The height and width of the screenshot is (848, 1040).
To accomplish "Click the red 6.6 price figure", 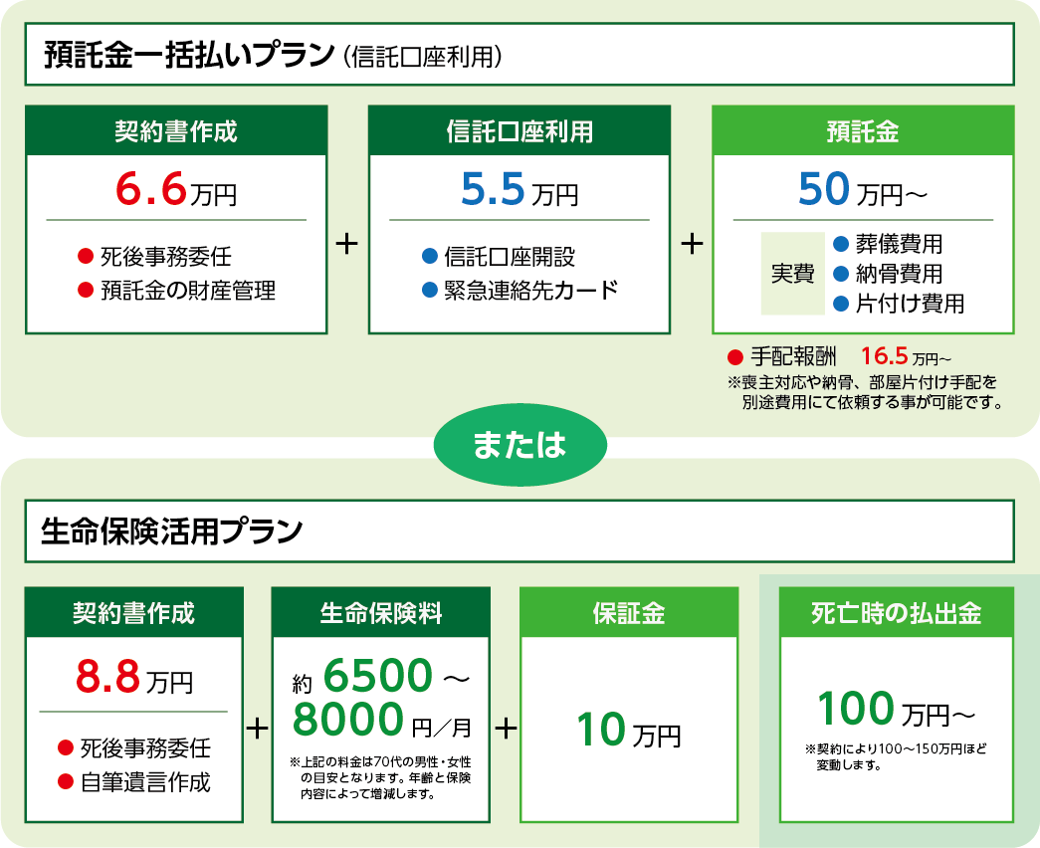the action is click(150, 189).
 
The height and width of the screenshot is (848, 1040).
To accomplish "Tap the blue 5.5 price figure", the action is click(493, 189).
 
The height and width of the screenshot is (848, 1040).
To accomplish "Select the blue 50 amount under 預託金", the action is click(824, 189).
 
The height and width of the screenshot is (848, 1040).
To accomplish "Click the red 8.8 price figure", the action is click(107, 677).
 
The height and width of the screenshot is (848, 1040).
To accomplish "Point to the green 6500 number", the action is click(378, 676).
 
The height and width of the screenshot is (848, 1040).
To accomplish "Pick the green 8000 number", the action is click(348, 720).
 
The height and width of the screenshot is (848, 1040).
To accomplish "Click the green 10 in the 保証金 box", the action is click(600, 730).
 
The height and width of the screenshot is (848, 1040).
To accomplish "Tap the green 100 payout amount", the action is click(856, 709).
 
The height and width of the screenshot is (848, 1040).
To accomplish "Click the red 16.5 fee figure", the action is click(884, 356).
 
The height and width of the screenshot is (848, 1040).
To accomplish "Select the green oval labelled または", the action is click(520, 445).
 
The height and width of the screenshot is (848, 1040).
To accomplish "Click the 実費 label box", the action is click(792, 274).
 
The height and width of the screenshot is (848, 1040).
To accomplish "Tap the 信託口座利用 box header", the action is click(520, 130).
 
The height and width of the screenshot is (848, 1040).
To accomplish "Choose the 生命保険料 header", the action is click(381, 612).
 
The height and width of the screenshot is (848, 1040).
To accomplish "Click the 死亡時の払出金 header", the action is click(896, 612).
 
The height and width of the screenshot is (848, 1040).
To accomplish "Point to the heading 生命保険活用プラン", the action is click(172, 531).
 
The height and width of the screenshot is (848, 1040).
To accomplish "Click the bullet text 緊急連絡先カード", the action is click(531, 290).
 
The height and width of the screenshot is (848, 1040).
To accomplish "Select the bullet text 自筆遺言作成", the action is click(145, 782).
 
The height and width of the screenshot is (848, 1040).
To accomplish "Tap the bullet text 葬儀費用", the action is click(900, 244).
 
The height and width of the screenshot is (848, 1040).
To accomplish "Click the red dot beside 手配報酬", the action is click(734, 357).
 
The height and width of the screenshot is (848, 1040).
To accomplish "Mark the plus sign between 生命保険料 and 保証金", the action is click(506, 729).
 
